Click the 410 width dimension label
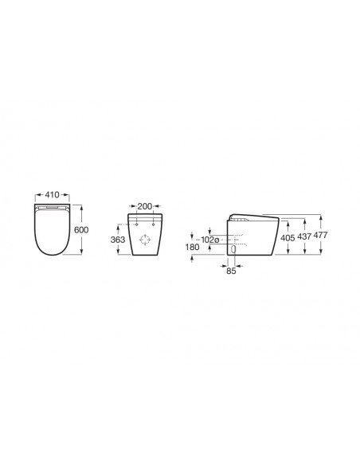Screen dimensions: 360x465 click(53, 195)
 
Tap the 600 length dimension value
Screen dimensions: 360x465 click(81, 230)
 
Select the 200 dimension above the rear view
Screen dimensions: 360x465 click(145, 206)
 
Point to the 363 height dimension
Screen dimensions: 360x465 click(118, 240)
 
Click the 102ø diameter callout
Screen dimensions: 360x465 click(210, 240)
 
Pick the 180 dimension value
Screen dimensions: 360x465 click(192, 247)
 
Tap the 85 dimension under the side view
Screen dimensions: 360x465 click(231, 271)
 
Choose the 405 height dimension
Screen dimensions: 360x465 click(288, 238)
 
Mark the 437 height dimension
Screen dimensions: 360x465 click(304, 236)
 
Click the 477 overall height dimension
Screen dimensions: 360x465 click(320, 235)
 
